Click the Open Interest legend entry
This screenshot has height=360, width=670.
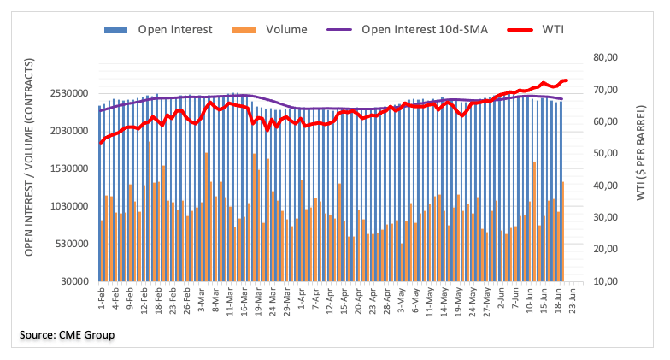pyautogui.click(x=175, y=30)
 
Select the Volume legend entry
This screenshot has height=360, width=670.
pyautogui.click(x=285, y=30)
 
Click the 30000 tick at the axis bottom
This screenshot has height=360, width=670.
pyautogui.click(x=74, y=281)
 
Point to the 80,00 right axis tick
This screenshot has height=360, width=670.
pyautogui.click(x=605, y=57)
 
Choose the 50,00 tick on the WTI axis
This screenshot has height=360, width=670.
pyautogui.click(x=605, y=154)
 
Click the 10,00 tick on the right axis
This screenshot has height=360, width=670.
pyautogui.click(x=605, y=281)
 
